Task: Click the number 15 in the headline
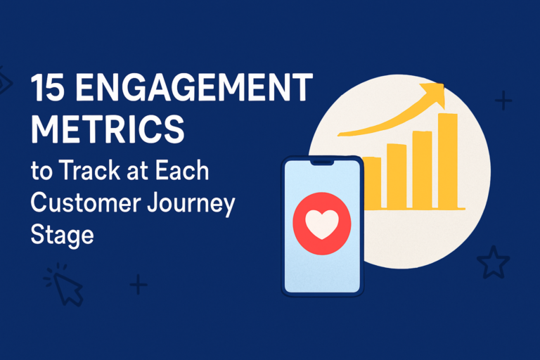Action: tap(48, 88)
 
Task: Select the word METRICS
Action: tap(108, 129)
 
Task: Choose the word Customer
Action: tap(86, 202)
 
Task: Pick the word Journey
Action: tap(191, 204)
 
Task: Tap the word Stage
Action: tap(63, 236)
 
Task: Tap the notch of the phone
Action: tap(322, 162)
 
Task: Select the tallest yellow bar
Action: tap(448, 160)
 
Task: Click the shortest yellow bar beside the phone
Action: tap(372, 183)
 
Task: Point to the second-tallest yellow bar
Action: tap(422, 169)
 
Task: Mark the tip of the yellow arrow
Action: tap(444, 84)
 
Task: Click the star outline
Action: tap(493, 262)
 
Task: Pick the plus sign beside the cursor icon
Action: tap(139, 284)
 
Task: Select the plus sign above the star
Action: tap(503, 101)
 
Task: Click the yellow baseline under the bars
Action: tap(414, 208)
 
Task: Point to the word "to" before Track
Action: tap(42, 172)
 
